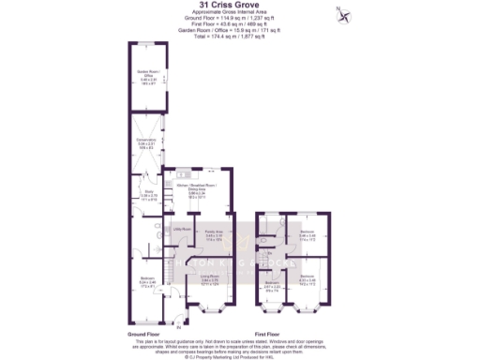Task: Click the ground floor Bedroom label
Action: point(148,280)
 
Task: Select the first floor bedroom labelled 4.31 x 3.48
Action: point(307,278)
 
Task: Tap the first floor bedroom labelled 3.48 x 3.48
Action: point(307,233)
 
